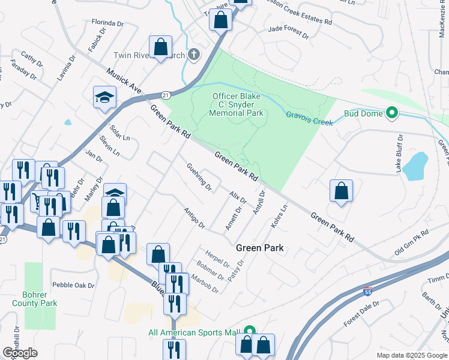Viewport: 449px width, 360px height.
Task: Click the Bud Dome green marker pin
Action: point(392,113)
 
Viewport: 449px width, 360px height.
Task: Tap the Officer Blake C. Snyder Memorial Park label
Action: point(238,104)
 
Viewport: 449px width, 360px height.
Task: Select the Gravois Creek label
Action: point(309,118)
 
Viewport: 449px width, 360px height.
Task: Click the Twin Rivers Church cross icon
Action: point(193,55)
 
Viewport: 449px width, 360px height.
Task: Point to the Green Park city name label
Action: point(259,247)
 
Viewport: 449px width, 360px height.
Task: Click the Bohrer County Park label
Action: point(35,299)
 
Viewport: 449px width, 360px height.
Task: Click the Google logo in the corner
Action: point(20,353)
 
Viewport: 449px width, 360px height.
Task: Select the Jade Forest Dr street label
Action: point(289,32)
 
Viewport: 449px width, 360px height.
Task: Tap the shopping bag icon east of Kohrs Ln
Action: point(341,191)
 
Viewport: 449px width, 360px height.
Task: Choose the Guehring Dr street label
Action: point(199,177)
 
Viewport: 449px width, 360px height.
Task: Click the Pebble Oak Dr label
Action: point(74,286)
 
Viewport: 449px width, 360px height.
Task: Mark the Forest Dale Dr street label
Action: point(362,314)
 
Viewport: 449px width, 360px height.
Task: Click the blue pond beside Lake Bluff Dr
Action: point(415,166)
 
